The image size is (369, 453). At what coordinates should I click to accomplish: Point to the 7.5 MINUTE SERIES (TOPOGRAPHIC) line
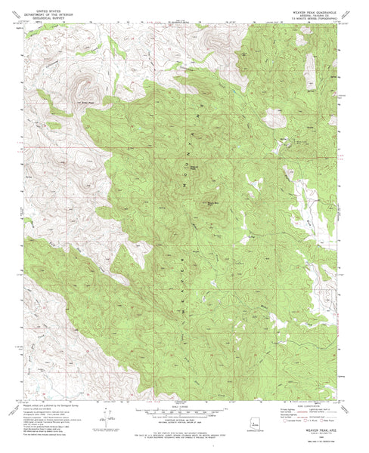309,18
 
